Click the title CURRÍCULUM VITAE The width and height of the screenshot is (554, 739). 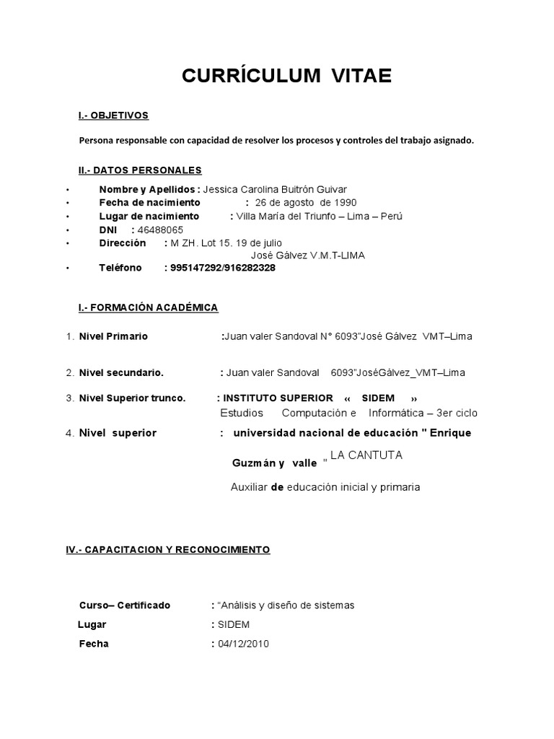coord(276,77)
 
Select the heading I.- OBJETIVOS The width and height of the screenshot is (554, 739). coord(113,115)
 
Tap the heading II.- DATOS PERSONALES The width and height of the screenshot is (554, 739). coord(140,170)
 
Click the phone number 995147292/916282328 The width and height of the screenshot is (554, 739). coord(222,268)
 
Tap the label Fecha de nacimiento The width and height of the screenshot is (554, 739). coord(149,203)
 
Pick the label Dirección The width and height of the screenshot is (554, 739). coord(123,242)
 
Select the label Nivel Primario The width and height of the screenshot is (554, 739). coord(113,336)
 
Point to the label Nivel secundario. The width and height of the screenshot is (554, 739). coord(121,373)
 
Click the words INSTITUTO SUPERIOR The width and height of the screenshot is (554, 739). coord(278,398)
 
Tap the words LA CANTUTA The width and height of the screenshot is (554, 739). coord(366,455)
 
